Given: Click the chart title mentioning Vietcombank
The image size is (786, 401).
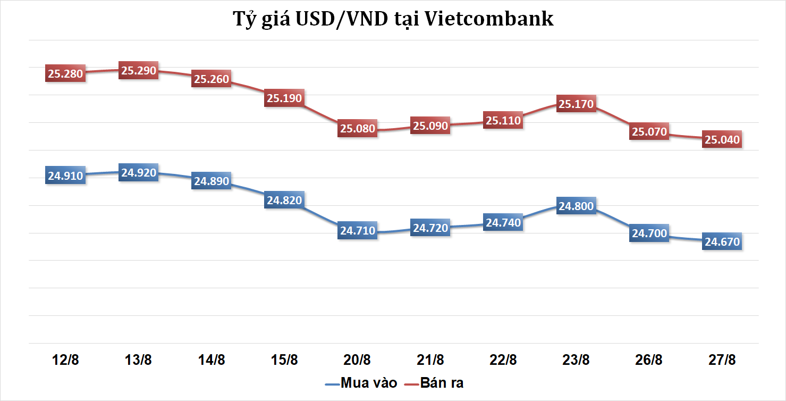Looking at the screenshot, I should click(393, 19).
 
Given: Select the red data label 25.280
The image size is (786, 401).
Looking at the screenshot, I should click(65, 73).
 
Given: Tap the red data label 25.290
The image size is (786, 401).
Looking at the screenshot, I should click(139, 70).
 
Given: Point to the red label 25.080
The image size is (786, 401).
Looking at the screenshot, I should click(358, 128).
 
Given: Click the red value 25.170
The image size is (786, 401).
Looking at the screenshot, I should click(576, 104).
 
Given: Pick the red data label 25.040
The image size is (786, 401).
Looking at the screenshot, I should click(722, 139).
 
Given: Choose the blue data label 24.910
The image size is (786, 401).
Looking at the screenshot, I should click(65, 176).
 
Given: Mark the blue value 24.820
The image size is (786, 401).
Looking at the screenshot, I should click(284, 200).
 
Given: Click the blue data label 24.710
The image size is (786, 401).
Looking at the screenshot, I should click(358, 231).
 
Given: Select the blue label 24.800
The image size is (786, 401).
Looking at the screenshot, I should click(576, 206).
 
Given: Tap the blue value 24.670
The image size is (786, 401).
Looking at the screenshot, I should click(722, 242).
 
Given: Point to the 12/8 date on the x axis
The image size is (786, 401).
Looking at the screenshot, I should click(65, 360).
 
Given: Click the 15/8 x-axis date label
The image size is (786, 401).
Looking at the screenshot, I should click(284, 360).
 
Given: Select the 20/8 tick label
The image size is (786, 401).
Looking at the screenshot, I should click(358, 360).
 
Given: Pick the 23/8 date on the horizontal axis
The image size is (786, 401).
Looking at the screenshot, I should click(576, 360).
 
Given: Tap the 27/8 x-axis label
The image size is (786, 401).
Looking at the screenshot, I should click(722, 360).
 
